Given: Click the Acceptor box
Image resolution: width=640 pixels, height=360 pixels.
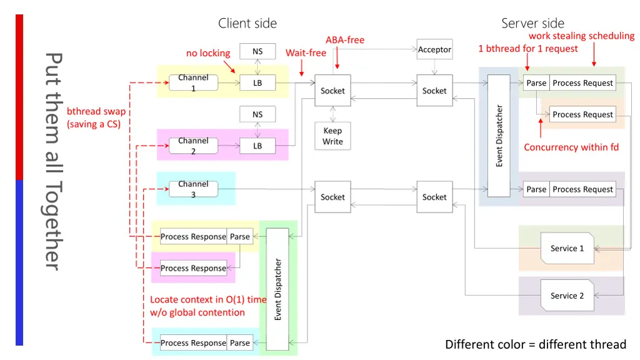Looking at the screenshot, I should click(x=434, y=50).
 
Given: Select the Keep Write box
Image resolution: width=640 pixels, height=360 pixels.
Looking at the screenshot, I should click(x=332, y=136).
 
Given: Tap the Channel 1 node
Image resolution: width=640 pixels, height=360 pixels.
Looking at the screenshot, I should click(x=193, y=83).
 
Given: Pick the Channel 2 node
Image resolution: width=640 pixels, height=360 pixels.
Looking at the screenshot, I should click(x=193, y=146).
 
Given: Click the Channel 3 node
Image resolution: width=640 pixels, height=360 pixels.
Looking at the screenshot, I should click(x=193, y=189).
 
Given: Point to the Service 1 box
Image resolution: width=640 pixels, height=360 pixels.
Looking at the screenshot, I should click(x=567, y=248).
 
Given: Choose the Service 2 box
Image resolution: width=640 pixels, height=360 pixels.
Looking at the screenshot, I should click(x=567, y=296).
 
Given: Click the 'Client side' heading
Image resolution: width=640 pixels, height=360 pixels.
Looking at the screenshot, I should click(x=247, y=24).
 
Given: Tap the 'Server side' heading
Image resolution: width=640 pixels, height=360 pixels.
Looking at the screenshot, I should click(x=532, y=24).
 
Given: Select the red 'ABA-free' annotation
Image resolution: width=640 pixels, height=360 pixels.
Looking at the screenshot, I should click(x=345, y=40).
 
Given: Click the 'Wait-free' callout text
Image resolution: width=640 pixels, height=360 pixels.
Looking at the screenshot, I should click(x=306, y=53).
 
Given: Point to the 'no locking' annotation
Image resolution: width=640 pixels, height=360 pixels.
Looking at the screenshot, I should click(x=208, y=53).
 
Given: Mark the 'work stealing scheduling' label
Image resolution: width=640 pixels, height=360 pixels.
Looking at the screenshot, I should click(x=581, y=36).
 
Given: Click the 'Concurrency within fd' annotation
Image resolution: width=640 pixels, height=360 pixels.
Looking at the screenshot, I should click(x=571, y=147).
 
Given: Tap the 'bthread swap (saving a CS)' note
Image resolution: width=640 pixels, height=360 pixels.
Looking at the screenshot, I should click(x=96, y=117).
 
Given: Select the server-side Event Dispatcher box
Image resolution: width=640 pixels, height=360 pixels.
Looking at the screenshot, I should click(x=499, y=136).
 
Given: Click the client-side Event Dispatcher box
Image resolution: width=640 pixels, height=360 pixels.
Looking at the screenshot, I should click(x=278, y=289).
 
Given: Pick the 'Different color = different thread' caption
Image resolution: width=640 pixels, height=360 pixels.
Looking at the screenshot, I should click(x=536, y=344).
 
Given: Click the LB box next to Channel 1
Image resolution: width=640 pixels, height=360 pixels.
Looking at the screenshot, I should click(x=257, y=83).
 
